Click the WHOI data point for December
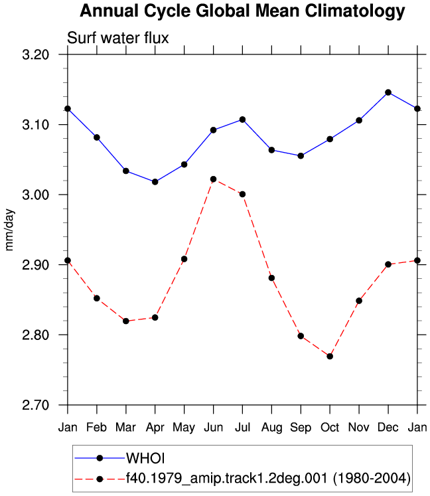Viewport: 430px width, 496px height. pos(388,92)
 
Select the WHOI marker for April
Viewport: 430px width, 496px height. pos(155,182)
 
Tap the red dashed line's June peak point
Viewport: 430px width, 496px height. pos(214,179)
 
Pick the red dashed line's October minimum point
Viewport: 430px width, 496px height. pos(330,356)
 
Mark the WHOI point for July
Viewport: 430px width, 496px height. pos(242,120)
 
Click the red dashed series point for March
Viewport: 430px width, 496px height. pos(126,321)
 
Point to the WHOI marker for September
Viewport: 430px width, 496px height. pos(301,155)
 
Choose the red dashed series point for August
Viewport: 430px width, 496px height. pos(271,278)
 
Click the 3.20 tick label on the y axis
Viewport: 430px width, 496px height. pos(36,54)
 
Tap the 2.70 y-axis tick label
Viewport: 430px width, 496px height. pos(36,405)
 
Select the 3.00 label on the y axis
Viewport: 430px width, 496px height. pos(36,195)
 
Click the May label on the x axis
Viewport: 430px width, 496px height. pos(184,428)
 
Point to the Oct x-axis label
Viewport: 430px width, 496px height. pos(330,428)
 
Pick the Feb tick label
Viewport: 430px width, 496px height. pos(96,428)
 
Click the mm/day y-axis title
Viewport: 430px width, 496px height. pos(9,230)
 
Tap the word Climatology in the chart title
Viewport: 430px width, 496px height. pos(355,11)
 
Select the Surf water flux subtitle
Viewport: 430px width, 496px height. pos(118,38)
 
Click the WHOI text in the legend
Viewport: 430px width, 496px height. pos(145,458)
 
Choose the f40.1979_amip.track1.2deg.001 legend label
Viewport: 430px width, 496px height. pos(226,478)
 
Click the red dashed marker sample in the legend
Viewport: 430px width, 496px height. pos(100,479)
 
